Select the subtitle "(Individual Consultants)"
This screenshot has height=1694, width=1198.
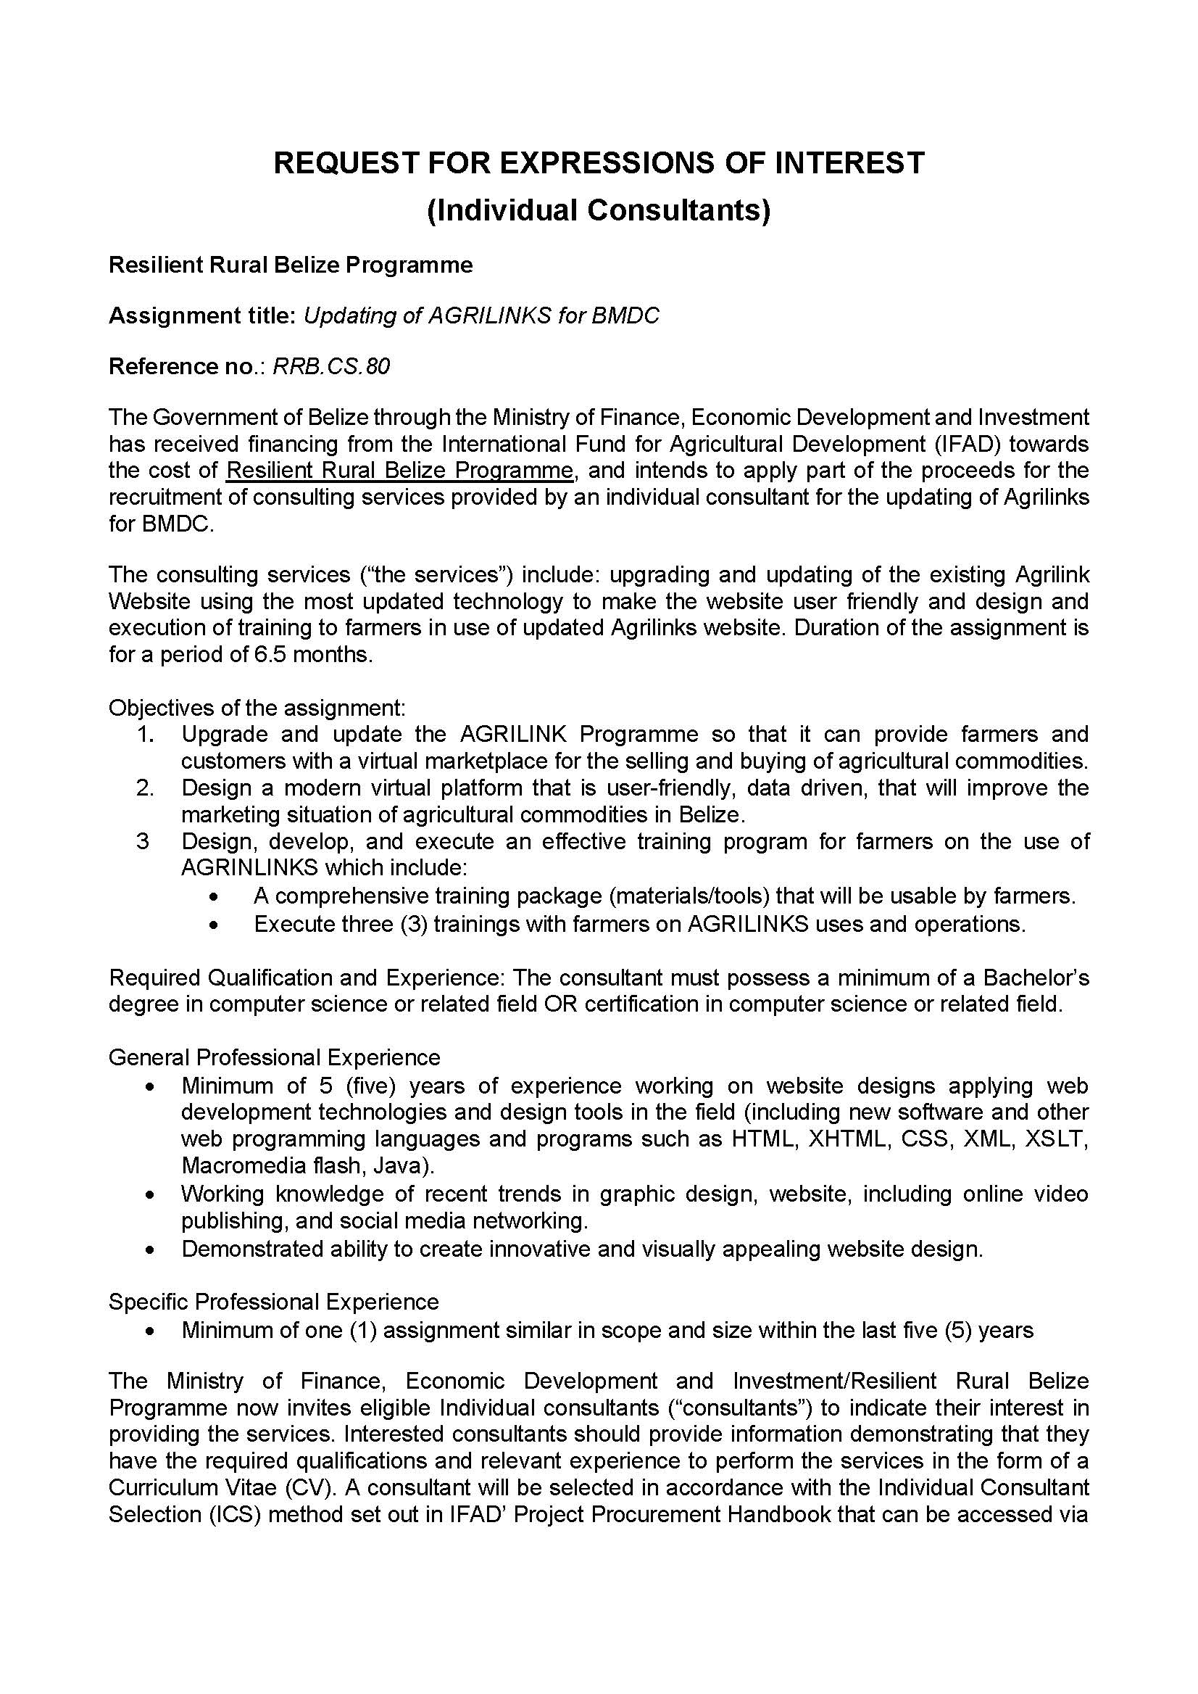(x=598, y=210)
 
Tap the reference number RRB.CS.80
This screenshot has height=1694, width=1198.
(x=331, y=366)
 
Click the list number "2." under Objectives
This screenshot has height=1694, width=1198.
(x=146, y=788)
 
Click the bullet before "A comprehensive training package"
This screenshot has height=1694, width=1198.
(x=214, y=898)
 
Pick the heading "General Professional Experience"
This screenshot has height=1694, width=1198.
(x=275, y=1058)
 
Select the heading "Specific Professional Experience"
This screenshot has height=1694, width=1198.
(x=274, y=1301)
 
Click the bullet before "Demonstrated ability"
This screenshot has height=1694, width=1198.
(x=151, y=1250)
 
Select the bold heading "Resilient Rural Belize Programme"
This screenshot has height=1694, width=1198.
(x=291, y=265)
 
